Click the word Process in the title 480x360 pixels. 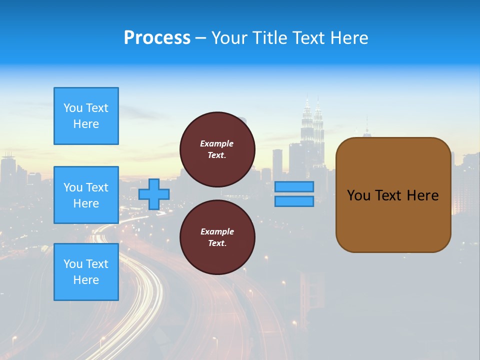point(157,38)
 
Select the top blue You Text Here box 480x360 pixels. point(86,116)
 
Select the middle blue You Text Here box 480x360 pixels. point(86,195)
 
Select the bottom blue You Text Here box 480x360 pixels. point(86,272)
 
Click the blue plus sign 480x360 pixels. point(154,194)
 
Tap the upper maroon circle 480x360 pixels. point(217,149)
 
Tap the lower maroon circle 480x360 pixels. point(217,237)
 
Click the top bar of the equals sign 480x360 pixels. point(294,186)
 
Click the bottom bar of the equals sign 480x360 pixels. point(294,201)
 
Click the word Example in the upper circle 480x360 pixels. point(217,143)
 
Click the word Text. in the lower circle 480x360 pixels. point(217,243)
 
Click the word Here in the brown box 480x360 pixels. point(422,195)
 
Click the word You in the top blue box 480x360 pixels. point(73,108)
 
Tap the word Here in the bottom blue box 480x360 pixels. point(86,280)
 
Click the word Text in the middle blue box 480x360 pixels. point(96,187)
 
